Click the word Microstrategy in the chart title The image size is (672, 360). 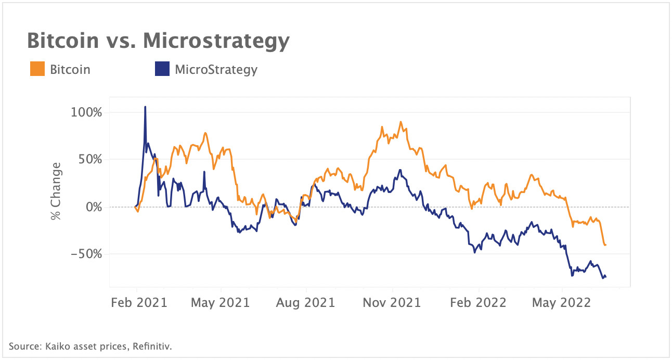tap(215, 41)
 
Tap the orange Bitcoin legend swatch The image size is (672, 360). tap(37, 69)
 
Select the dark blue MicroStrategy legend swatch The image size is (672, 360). tap(162, 69)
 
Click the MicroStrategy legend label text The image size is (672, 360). tap(216, 69)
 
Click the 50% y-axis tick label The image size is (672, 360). tap(89, 160)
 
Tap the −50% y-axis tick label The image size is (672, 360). tap(87, 254)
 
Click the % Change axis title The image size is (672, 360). tap(56, 191)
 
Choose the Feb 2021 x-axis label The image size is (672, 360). tap(139, 302)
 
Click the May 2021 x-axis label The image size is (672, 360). tap(221, 302)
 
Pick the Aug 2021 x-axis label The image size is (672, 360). tap(306, 302)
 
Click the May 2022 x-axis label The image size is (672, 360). tap(561, 302)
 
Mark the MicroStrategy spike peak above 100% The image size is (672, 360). tap(145, 107)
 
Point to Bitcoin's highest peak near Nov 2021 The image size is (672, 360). tap(400, 122)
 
